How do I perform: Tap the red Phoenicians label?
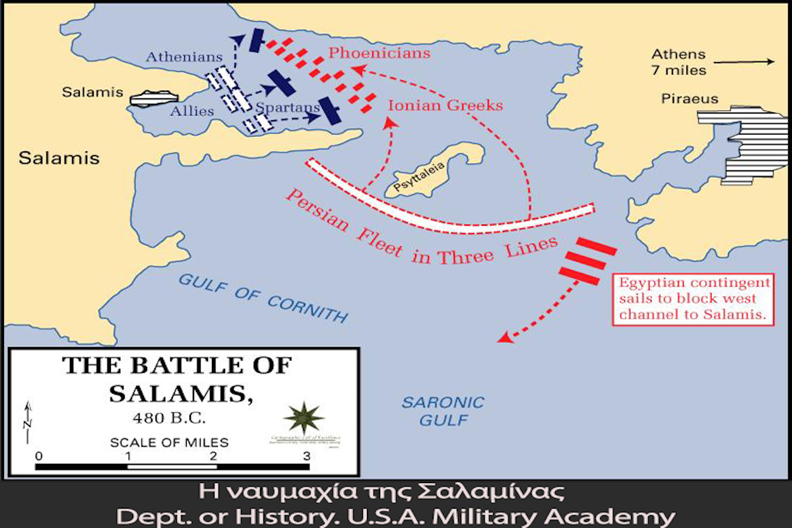tap(379, 53)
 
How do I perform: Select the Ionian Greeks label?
tap(445, 105)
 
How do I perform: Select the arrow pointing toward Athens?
tap(743, 63)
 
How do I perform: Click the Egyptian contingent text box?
tap(695, 299)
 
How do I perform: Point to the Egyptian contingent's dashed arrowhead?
tap(504, 338)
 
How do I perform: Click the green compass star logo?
tap(304, 418)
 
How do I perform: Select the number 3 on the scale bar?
tap(306, 455)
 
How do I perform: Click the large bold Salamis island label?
tap(59, 158)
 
